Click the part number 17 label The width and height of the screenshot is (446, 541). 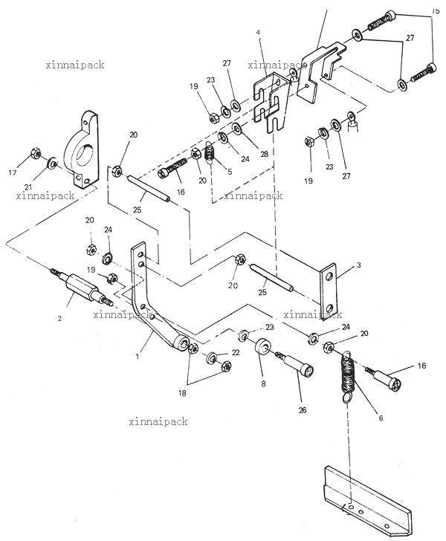(13, 172)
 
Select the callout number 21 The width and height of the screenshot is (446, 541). (28, 187)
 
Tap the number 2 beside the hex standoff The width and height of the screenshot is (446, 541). (59, 319)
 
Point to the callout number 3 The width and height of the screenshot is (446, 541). (359, 265)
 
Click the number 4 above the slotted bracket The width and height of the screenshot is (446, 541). (258, 32)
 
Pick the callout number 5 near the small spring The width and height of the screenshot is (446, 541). (230, 172)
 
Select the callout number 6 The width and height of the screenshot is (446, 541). (381, 418)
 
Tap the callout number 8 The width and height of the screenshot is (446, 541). (263, 383)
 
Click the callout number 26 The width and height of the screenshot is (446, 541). (303, 410)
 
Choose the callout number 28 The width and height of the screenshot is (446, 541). (265, 155)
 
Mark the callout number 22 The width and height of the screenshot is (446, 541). (236, 352)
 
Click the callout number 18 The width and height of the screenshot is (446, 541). (182, 392)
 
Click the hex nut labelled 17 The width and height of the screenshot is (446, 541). (35, 153)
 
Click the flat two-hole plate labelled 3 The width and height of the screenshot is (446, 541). (328, 292)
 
